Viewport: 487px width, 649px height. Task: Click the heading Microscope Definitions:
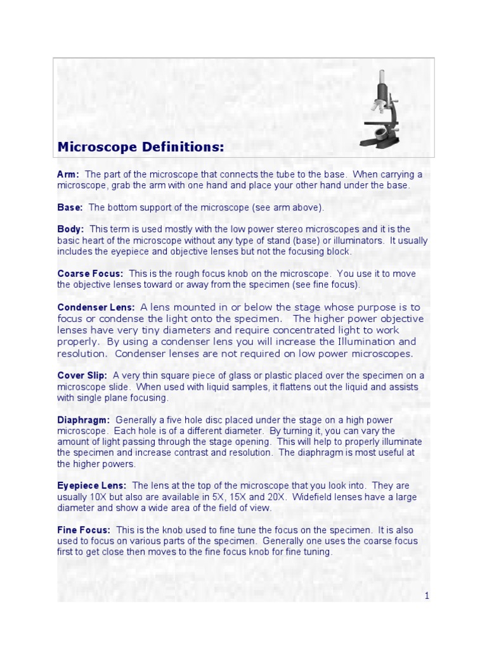point(141,147)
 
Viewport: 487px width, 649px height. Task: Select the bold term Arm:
point(68,174)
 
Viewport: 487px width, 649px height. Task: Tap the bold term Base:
point(70,207)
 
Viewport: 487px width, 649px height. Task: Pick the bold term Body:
point(70,229)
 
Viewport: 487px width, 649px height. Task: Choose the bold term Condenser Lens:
point(96,307)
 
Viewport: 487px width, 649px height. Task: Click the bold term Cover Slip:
point(82,375)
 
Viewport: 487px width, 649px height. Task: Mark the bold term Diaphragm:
point(84,420)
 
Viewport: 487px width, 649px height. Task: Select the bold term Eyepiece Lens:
point(92,485)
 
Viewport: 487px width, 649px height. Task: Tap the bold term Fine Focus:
point(84,529)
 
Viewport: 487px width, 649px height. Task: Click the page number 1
point(427,596)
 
